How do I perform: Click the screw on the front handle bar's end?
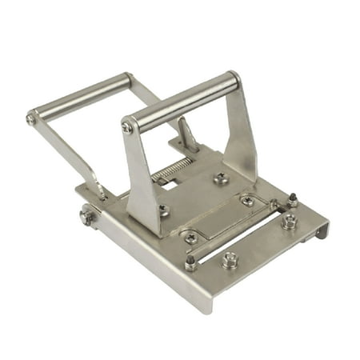pyautogui.click(x=127, y=127)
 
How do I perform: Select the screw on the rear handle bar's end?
pyautogui.click(x=31, y=119)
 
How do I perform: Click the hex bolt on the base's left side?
pyautogui.click(x=86, y=216)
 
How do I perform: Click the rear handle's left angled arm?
pyautogui.click(x=68, y=156)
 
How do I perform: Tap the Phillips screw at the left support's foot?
pyautogui.click(x=163, y=210)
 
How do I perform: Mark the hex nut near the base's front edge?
pyautogui.click(x=229, y=259)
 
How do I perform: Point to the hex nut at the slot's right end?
pyautogui.click(x=287, y=222)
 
